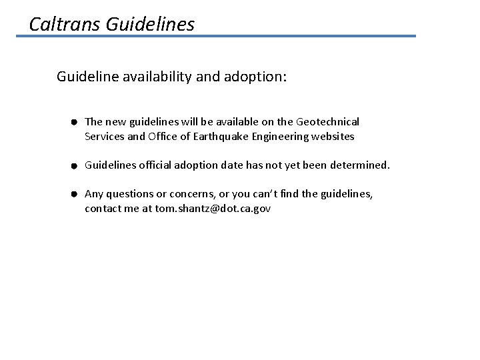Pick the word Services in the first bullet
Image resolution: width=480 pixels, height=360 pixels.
[104, 137]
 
